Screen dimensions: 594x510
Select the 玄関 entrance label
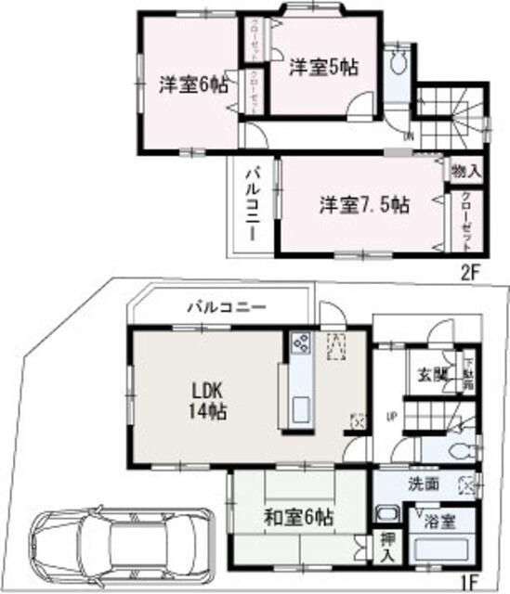pos(431,375)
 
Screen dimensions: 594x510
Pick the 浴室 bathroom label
pos(440,521)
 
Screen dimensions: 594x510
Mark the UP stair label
pos(392,415)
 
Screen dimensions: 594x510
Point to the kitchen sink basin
pos(301,408)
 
